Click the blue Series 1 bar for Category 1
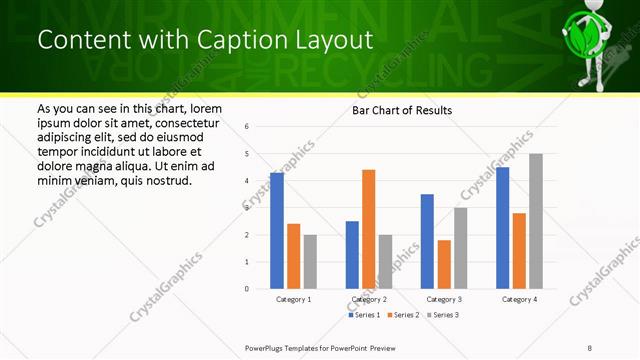pos(277,231)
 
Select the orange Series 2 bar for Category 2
pos(368,230)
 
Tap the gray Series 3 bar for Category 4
pos(536,221)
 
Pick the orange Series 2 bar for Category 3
pos(444,264)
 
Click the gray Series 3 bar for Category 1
pos(310,262)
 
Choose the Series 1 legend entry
pos(364,315)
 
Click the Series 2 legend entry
pos(403,315)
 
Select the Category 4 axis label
pos(519,299)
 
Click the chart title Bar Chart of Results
pos(402,110)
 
